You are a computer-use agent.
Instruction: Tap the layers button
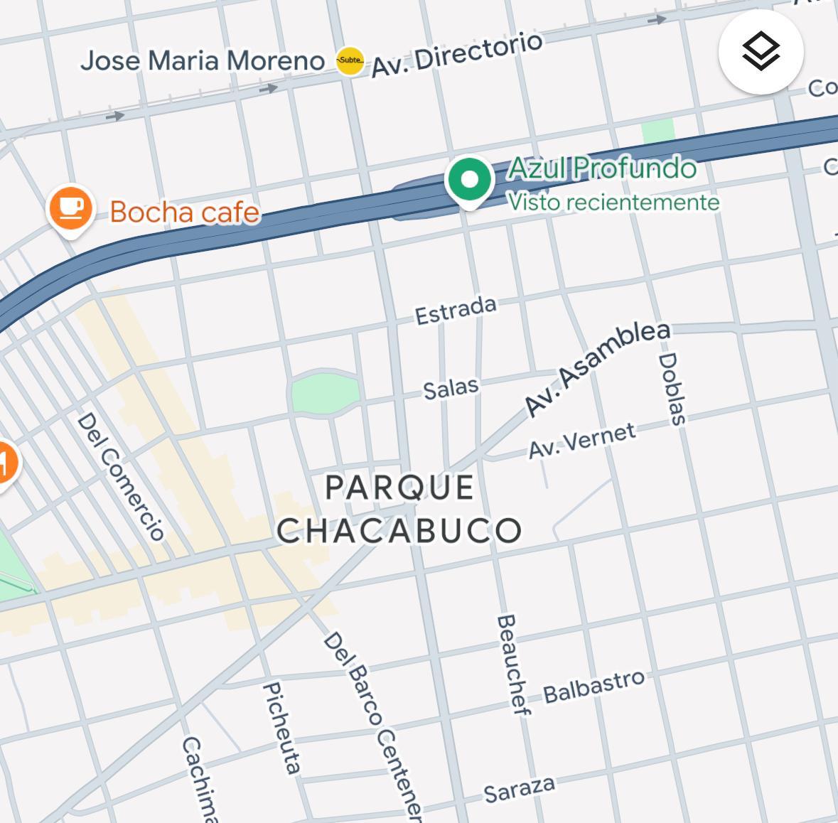click(x=761, y=51)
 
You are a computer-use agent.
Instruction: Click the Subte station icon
click(x=350, y=61)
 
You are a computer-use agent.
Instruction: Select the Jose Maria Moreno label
click(x=203, y=61)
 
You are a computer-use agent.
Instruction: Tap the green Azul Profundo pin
click(x=469, y=180)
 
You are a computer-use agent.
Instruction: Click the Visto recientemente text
click(x=613, y=203)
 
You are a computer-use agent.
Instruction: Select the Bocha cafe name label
click(x=185, y=212)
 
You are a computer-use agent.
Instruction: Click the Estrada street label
click(x=456, y=311)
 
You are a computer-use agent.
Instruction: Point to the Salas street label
click(x=451, y=388)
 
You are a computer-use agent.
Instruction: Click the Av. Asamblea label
click(x=597, y=368)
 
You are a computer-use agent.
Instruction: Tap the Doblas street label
click(x=672, y=389)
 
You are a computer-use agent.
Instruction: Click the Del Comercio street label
click(x=121, y=476)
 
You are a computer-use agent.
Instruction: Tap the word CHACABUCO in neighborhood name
click(x=399, y=530)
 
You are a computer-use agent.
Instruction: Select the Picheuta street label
click(x=281, y=726)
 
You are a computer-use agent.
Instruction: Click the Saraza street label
click(x=519, y=789)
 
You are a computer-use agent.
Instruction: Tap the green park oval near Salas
click(x=324, y=392)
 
